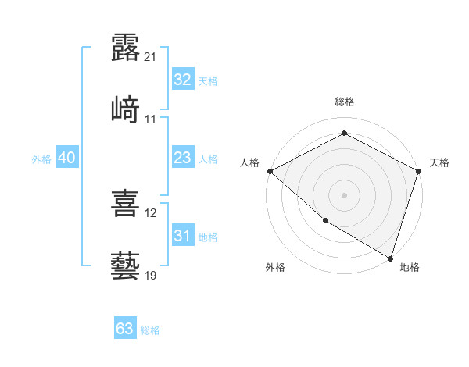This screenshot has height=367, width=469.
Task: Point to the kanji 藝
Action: (x=125, y=265)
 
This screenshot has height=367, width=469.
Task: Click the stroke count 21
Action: (x=151, y=56)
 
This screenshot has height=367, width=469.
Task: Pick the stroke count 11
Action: (x=151, y=119)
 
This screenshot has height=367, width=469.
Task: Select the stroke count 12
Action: (x=151, y=213)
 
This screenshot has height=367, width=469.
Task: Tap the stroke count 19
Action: (x=151, y=276)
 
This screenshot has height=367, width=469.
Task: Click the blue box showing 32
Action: (x=182, y=80)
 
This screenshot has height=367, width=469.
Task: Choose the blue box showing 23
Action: (x=182, y=158)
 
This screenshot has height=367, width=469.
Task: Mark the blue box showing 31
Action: (x=182, y=236)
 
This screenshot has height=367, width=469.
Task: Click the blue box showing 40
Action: (x=67, y=158)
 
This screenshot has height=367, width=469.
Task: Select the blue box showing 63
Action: (x=125, y=329)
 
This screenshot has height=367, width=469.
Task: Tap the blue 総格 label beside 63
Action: (x=150, y=330)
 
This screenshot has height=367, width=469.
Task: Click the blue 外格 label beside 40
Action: (x=41, y=159)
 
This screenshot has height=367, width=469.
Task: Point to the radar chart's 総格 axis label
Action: (x=344, y=102)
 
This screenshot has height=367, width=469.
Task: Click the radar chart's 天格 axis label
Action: (x=440, y=162)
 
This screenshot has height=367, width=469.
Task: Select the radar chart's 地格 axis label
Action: (x=410, y=267)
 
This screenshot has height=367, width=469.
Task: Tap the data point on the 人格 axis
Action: (x=270, y=171)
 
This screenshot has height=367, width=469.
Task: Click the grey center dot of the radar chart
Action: (x=344, y=194)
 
